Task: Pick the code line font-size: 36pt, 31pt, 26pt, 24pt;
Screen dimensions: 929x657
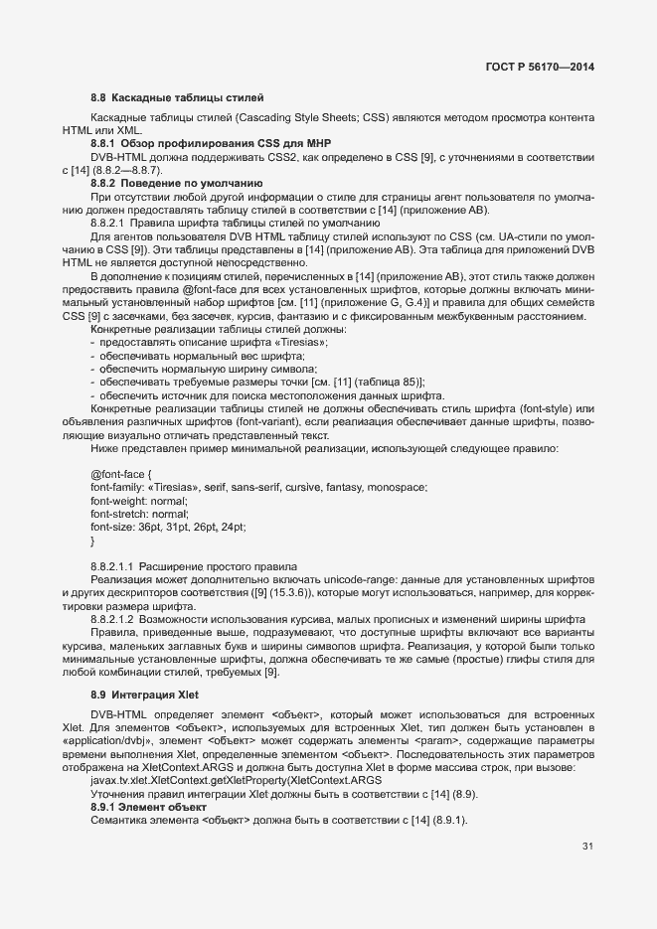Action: pos(168,527)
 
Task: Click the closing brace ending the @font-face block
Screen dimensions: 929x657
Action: pos(92,541)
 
